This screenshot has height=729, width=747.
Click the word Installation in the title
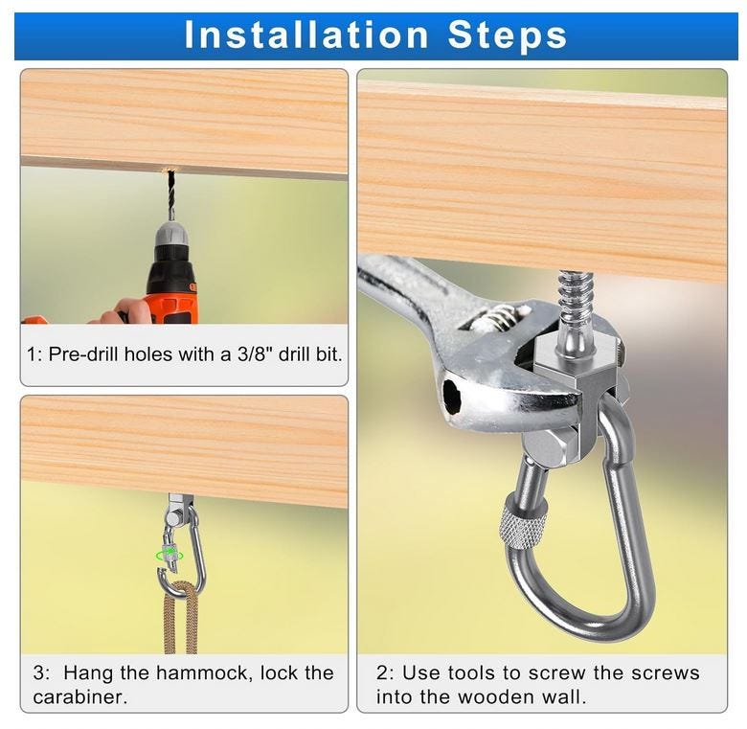[306, 34]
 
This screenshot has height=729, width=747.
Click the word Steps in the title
[507, 36]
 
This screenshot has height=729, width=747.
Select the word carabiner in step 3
[80, 697]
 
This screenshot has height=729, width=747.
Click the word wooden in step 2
[495, 697]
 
